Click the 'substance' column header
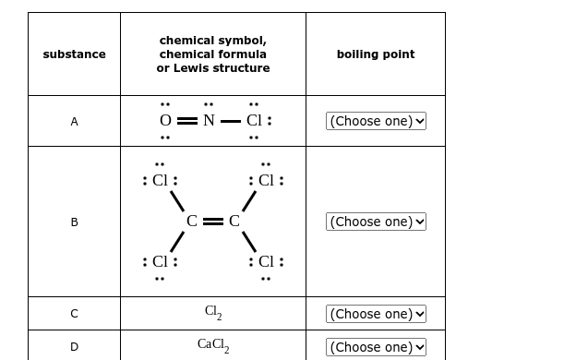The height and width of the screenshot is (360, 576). (74, 54)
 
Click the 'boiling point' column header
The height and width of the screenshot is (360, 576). (375, 54)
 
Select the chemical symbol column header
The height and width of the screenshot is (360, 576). (213, 54)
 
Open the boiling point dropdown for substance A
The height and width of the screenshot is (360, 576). (376, 121)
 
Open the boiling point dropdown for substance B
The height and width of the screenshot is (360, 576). (376, 222)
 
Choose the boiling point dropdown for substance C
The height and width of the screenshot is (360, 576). (376, 314)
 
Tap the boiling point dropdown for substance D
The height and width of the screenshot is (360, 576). (376, 347)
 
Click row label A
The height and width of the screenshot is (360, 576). (74, 121)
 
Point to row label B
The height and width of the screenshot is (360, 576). (74, 222)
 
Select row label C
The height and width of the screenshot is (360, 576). (74, 314)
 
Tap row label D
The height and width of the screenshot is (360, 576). (74, 347)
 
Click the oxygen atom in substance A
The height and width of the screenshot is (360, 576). (165, 121)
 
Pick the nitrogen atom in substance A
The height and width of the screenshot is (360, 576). (209, 121)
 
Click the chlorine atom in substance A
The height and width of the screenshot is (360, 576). (254, 121)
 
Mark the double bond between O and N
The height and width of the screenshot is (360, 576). (186, 121)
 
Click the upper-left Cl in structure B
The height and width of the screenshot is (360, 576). (160, 181)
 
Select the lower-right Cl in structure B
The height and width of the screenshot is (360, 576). (266, 261)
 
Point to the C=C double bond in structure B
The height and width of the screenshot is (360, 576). (213, 222)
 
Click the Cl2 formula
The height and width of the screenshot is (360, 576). (213, 313)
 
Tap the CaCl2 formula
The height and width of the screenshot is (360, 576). (213, 345)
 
